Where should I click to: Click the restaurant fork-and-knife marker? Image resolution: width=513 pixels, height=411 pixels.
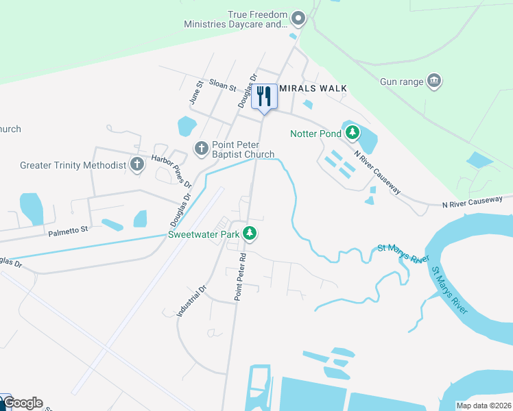pos(263,96)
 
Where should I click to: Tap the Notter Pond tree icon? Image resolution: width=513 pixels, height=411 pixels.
pos(353,132)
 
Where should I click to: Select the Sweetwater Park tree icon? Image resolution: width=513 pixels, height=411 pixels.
pos(250,234)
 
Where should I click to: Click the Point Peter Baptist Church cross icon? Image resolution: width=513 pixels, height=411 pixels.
pos(201,147)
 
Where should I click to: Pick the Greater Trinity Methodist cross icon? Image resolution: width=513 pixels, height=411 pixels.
pos(137,164)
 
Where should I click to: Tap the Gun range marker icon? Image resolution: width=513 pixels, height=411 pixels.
pos(433,82)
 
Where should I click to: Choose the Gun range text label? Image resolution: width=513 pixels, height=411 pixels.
pos(402,82)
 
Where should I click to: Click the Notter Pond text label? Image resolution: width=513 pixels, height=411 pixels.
pos(315,134)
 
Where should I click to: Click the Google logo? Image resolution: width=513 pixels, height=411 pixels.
pos(23,403)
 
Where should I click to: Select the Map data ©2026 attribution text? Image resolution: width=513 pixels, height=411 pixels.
pos(484,406)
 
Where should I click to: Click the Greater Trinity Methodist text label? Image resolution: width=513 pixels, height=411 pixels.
pos(73,165)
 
